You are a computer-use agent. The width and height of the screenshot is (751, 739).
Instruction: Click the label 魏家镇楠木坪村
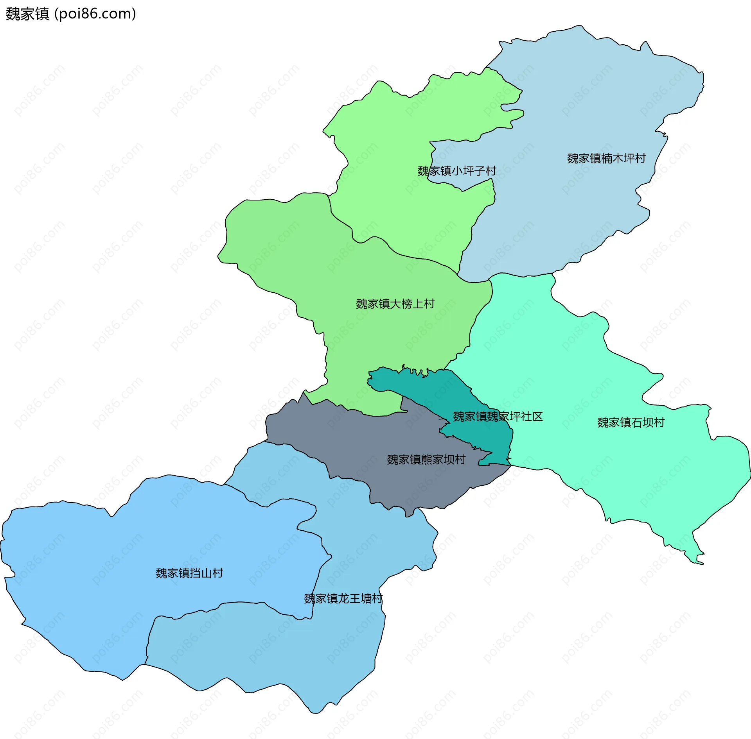click(606, 158)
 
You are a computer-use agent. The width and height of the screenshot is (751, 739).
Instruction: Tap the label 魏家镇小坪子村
click(456, 171)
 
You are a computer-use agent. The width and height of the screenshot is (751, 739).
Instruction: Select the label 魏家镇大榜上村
click(395, 304)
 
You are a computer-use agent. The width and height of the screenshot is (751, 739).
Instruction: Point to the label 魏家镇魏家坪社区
click(498, 416)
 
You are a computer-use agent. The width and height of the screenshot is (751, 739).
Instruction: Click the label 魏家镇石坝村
click(631, 422)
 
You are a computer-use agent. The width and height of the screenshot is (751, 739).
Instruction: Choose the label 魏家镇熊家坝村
click(426, 459)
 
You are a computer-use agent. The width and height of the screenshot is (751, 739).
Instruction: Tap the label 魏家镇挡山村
click(189, 573)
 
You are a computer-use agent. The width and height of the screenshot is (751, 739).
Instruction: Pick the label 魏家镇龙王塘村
click(343, 598)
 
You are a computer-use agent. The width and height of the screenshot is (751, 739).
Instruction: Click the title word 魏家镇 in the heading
click(27, 14)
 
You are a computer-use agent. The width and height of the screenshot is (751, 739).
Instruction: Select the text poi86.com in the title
click(95, 14)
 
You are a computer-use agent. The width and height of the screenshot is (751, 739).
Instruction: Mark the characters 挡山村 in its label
click(206, 573)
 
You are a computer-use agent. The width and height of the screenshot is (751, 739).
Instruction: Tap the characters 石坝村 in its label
click(648, 422)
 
